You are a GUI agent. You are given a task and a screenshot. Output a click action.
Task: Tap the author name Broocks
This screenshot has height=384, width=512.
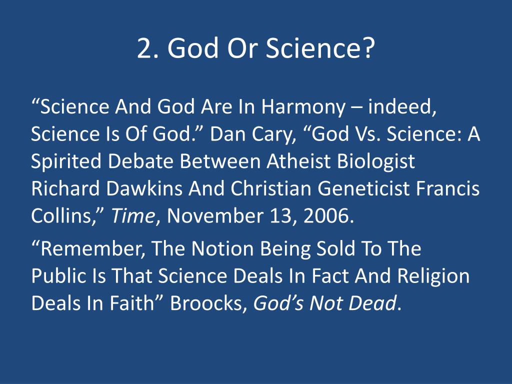(x=208, y=303)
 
